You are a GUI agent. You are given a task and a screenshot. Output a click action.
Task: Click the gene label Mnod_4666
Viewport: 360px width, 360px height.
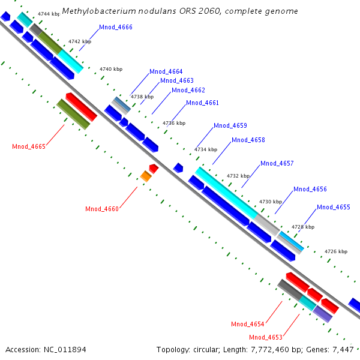coord(116,28)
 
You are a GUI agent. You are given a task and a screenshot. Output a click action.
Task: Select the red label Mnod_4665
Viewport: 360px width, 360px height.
coord(29,146)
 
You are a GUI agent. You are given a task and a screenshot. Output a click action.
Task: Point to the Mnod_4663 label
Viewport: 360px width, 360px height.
coord(176,81)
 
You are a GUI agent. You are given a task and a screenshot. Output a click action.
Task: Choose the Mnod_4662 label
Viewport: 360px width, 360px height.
coord(188,91)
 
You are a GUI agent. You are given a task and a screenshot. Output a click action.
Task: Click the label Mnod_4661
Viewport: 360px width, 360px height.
coord(202,103)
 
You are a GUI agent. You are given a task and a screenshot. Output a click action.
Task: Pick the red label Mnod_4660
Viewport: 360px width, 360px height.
coord(102,209)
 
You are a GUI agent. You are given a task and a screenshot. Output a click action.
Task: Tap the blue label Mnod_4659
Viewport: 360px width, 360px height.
coord(230,126)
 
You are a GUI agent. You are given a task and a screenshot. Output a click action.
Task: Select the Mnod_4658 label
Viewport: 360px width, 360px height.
coord(248,140)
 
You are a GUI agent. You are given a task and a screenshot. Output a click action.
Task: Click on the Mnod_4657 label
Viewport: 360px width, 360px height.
coord(277,164)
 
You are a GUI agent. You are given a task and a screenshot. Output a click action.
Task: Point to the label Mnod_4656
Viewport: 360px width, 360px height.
coord(310,190)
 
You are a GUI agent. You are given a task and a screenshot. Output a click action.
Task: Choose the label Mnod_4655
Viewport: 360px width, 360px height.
coord(333,208)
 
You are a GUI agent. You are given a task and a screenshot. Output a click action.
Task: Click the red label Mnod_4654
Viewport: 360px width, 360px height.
coord(248,325)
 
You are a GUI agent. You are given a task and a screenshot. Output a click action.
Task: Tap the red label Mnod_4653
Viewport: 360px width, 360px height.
coord(266,337)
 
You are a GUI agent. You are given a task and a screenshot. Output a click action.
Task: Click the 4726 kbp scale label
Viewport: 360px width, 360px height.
coord(336,251)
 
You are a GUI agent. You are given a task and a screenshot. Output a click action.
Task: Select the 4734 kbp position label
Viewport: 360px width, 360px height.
coord(205,149)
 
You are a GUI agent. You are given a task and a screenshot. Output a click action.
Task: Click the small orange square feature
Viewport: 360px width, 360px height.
coord(146,176)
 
